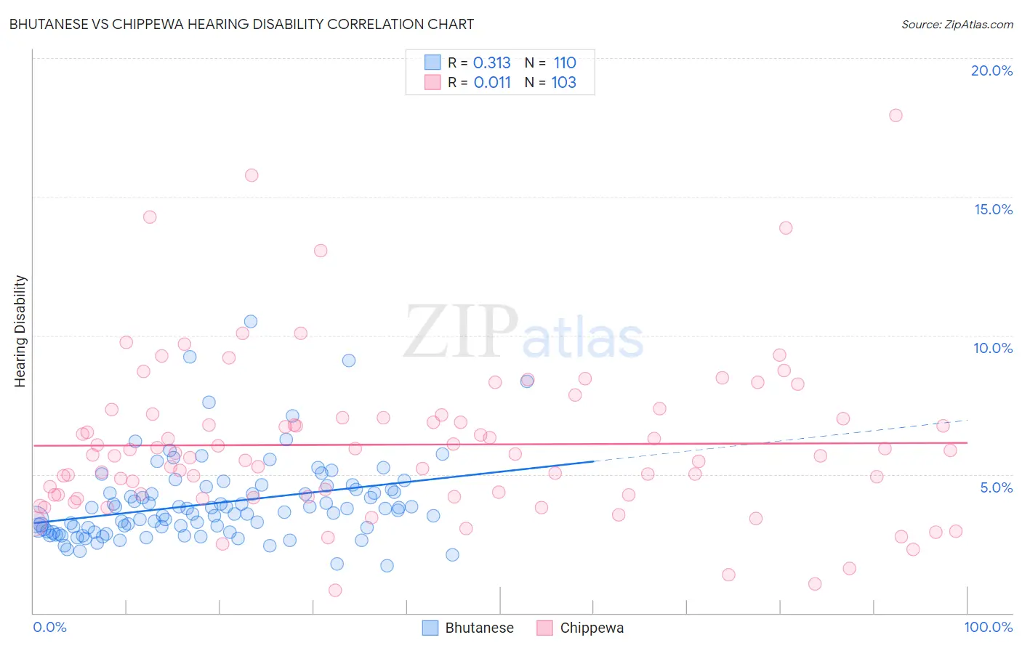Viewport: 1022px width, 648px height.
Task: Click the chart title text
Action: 241,24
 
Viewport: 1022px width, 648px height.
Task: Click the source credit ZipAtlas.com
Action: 957,24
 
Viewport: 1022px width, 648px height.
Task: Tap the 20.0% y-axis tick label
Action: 991,70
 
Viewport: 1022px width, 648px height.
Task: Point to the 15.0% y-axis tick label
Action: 993,209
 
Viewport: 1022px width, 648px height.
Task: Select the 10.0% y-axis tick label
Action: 993,348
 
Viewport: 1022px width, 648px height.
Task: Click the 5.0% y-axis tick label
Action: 996,487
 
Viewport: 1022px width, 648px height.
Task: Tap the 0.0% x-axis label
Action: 49,627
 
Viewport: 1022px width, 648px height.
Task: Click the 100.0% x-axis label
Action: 988,627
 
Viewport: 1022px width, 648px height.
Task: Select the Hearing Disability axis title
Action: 20,331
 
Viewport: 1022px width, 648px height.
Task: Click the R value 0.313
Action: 492,63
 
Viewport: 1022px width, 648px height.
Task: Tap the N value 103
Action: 563,83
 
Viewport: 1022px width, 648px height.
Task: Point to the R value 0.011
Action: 492,83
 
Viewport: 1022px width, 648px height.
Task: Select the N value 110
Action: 565,63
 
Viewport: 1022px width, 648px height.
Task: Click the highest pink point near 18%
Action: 896,116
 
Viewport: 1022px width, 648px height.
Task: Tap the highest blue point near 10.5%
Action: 251,321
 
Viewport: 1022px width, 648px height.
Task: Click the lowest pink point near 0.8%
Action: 335,590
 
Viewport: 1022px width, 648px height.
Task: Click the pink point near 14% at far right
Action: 786,228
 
